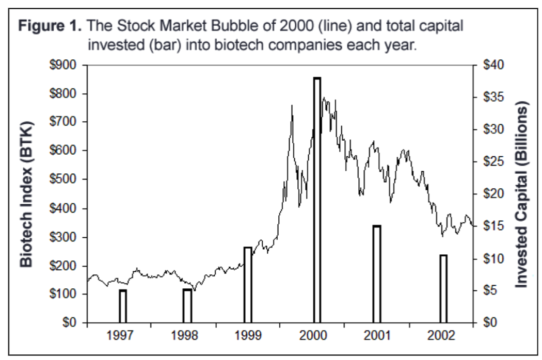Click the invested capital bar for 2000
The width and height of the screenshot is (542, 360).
click(317, 201)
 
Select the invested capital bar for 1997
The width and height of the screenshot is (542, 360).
click(123, 306)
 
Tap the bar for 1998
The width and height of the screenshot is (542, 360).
click(187, 306)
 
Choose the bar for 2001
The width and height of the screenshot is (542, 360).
click(377, 274)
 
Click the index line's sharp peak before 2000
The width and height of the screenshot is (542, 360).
click(292, 106)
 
